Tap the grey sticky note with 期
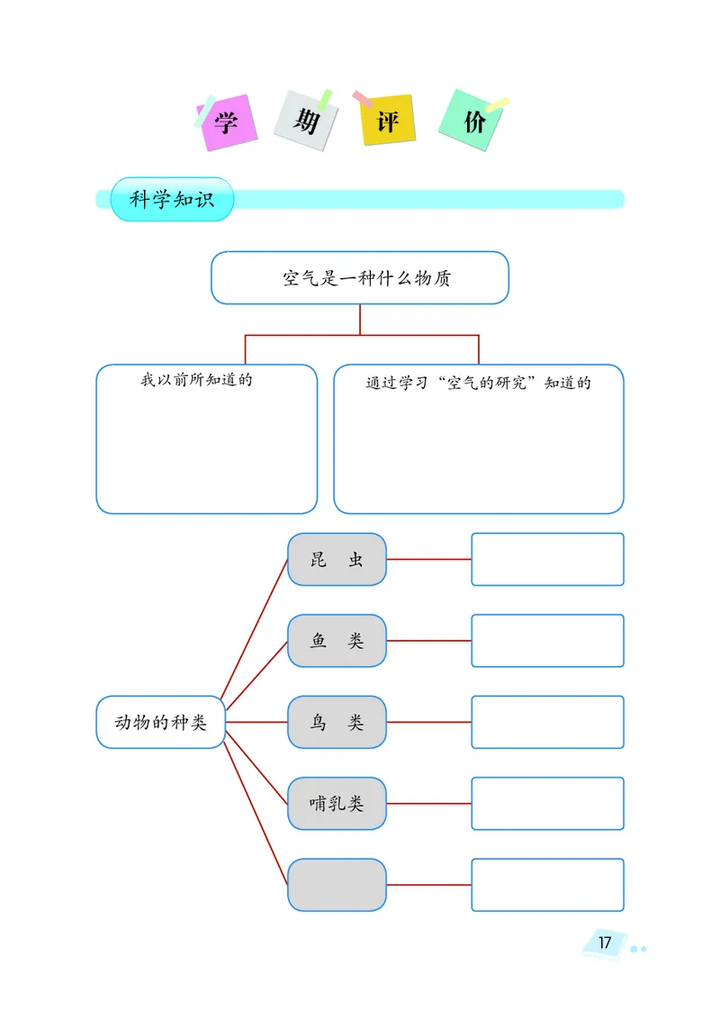click(306, 120)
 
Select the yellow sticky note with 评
click(388, 121)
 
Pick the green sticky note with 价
click(472, 122)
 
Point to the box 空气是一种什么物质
click(360, 278)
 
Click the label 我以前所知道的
click(196, 380)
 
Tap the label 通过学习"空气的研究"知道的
click(478, 383)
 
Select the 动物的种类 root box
click(161, 722)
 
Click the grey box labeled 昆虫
click(337, 559)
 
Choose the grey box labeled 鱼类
click(337, 641)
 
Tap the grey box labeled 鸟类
click(337, 722)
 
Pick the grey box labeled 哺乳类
click(337, 804)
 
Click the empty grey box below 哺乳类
click(337, 885)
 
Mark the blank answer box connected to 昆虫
click(547, 559)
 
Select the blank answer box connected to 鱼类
click(547, 641)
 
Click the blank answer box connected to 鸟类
click(547, 722)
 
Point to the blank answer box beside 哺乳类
click(547, 804)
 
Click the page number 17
click(605, 942)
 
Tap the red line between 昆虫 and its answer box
click(428, 559)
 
